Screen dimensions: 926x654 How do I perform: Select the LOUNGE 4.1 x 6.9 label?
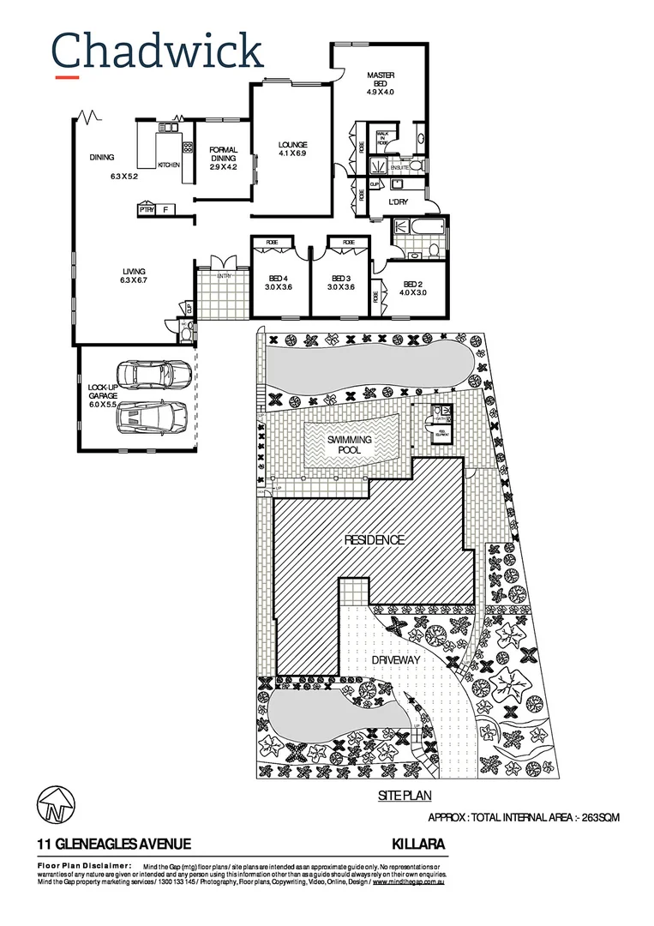(x=292, y=149)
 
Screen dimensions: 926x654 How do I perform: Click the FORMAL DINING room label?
(x=223, y=158)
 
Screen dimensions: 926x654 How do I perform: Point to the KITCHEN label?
(x=168, y=165)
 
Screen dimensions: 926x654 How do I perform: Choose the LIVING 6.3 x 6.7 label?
(x=134, y=276)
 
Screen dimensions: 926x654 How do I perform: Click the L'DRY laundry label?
(x=399, y=201)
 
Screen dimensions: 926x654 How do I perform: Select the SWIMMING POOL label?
(x=350, y=444)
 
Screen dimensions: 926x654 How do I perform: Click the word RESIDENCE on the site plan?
(x=374, y=540)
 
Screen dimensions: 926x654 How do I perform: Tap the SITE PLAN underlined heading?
(x=405, y=797)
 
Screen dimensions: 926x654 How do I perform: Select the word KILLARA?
(x=418, y=845)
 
